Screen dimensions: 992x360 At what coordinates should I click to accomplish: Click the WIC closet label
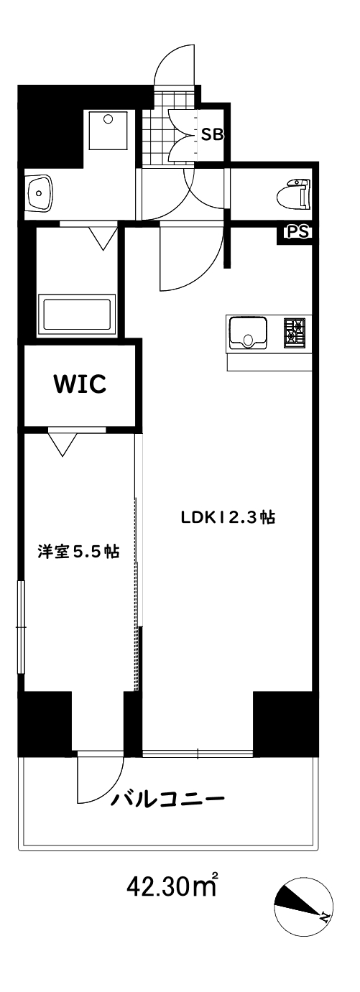[79, 384]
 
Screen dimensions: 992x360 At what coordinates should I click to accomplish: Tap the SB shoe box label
[211, 134]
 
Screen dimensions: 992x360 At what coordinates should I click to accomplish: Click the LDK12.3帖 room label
[229, 517]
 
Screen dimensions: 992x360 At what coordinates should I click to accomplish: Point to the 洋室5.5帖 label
[78, 552]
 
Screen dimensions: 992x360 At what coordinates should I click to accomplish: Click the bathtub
[78, 314]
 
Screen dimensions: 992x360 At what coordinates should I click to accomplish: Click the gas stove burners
[295, 333]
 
